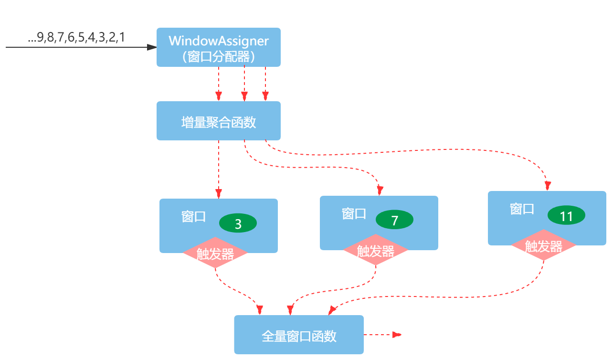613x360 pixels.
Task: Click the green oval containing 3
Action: click(238, 223)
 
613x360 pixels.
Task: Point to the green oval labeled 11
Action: click(566, 216)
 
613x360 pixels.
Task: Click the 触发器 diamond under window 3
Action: click(215, 254)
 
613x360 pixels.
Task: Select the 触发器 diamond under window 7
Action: click(376, 251)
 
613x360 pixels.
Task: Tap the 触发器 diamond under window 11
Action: click(543, 246)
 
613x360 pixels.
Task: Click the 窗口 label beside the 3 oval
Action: click(193, 216)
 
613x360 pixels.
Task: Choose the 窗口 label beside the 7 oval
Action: click(354, 213)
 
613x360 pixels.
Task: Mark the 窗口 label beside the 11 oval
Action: click(522, 209)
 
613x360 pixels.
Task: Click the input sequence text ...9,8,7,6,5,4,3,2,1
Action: click(76, 38)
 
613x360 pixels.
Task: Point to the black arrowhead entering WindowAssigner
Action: click(152, 47)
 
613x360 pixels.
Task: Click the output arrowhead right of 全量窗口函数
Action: click(397, 335)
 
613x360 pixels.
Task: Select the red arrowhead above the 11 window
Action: click(549, 186)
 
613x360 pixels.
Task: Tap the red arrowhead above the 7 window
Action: click(380, 191)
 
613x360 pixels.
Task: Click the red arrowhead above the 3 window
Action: click(219, 193)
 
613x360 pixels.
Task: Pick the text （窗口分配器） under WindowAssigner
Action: click(218, 57)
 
